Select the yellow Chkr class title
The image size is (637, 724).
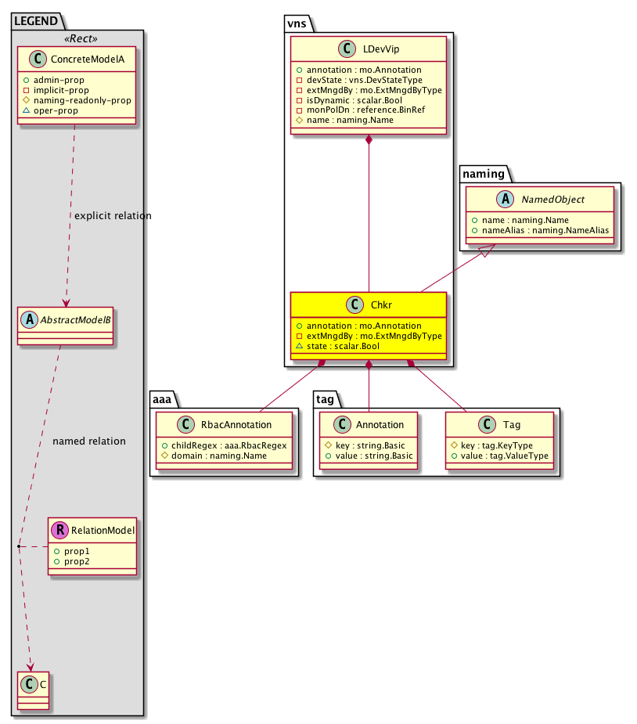coord(380,305)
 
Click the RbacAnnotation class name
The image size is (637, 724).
coord(237,424)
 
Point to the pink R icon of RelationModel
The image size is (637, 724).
coord(59,531)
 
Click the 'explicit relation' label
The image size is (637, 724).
coord(113,215)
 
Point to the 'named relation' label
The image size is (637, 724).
coord(89,441)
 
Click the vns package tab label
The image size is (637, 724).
coord(298,25)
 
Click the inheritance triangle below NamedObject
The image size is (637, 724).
coord(485,251)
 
